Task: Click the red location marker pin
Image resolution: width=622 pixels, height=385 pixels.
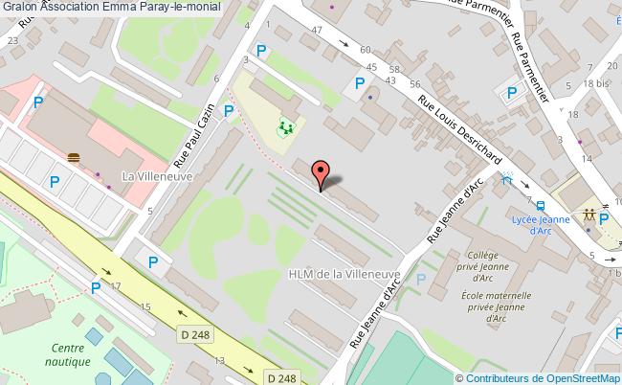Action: [x=322, y=173]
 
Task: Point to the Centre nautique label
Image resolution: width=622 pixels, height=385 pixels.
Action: [x=71, y=354]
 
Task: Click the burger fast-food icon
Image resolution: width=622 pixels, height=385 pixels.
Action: [x=75, y=157]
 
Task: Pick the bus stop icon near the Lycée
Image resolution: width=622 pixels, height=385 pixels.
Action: [x=542, y=206]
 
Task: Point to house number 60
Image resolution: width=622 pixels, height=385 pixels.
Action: [x=365, y=49]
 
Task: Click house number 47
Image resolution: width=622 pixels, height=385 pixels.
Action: [x=344, y=32]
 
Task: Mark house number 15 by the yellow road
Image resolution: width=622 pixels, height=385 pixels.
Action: [x=145, y=306]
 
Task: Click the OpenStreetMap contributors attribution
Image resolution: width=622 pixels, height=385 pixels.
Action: [x=543, y=377]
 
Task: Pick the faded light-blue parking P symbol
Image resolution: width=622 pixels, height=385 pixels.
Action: [x=420, y=280]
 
